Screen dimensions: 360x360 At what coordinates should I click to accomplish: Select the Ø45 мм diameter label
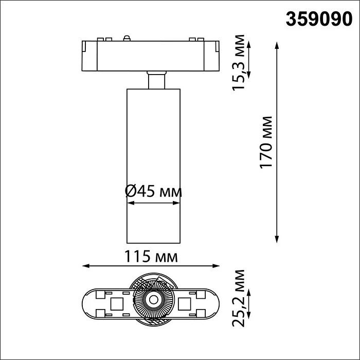click(153, 191)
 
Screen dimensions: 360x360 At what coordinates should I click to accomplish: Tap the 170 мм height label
click(265, 142)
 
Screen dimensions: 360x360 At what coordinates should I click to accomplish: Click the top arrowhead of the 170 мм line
click(277, 46)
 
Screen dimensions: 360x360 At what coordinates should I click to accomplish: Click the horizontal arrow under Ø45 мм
click(153, 204)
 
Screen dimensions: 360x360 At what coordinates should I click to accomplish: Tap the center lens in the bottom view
click(153, 299)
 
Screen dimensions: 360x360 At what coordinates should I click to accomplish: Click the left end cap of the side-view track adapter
click(87, 54)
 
